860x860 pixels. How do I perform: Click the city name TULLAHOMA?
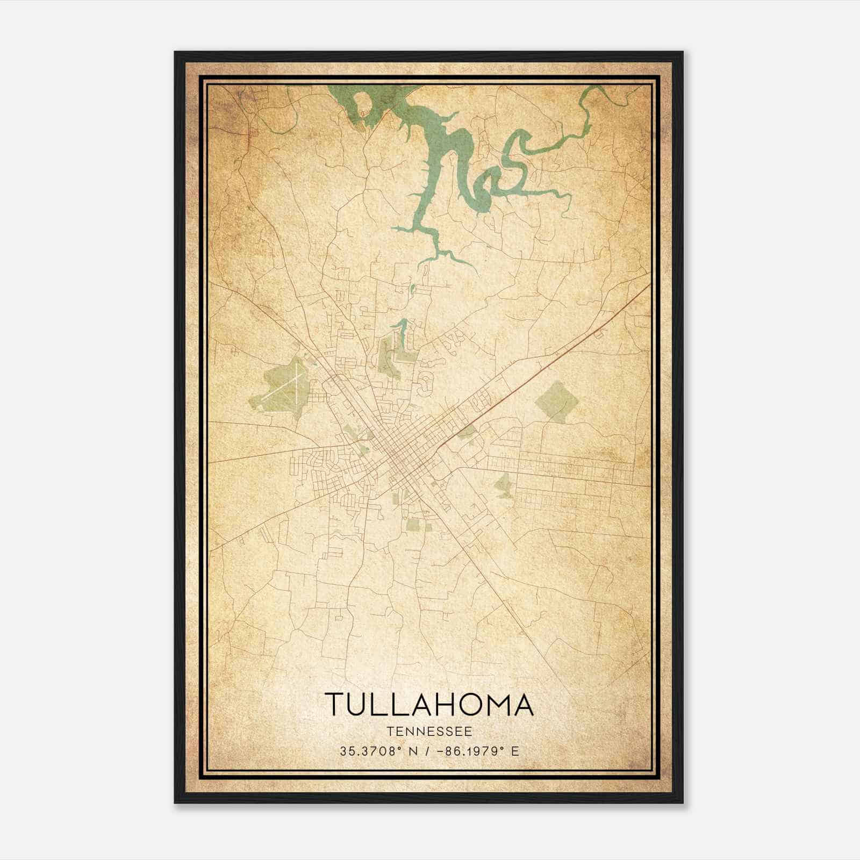(429, 705)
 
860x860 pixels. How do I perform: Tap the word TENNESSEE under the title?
(429, 732)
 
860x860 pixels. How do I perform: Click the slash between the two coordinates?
(427, 751)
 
